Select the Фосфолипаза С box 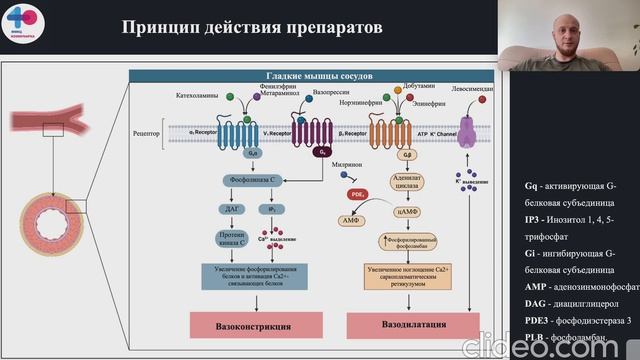pos(253,179)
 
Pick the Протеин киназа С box pos(230,239)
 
